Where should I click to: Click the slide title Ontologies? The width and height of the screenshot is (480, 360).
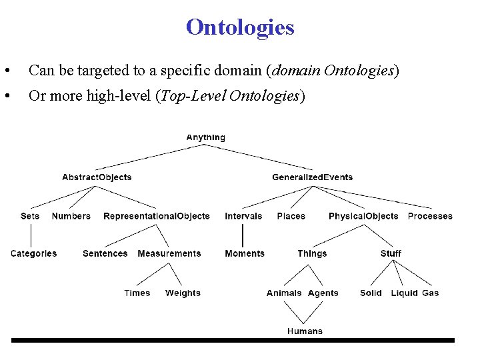(240, 28)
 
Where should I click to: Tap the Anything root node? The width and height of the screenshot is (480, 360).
(205, 137)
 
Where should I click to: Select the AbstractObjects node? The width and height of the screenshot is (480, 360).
(97, 177)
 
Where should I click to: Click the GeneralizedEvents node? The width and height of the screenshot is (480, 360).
(312, 177)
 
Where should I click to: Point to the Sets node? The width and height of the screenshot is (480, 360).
(30, 216)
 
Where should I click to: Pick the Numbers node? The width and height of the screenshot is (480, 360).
(71, 216)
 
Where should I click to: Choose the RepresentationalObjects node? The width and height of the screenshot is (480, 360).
(156, 216)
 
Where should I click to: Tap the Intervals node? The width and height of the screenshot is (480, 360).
(243, 216)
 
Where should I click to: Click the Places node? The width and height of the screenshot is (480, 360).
(291, 216)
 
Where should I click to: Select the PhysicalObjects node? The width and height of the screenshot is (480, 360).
(363, 216)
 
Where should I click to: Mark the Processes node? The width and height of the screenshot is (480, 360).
(429, 216)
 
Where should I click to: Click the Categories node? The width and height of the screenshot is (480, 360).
(33, 253)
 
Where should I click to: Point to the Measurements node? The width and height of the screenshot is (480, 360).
(169, 253)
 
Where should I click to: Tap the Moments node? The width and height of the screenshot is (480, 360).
(244, 253)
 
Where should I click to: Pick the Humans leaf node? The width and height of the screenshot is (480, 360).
(305, 331)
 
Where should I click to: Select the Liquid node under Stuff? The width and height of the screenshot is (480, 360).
(404, 293)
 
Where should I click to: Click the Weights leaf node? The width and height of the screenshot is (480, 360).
(183, 293)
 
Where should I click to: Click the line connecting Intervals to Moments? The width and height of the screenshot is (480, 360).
(243, 235)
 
